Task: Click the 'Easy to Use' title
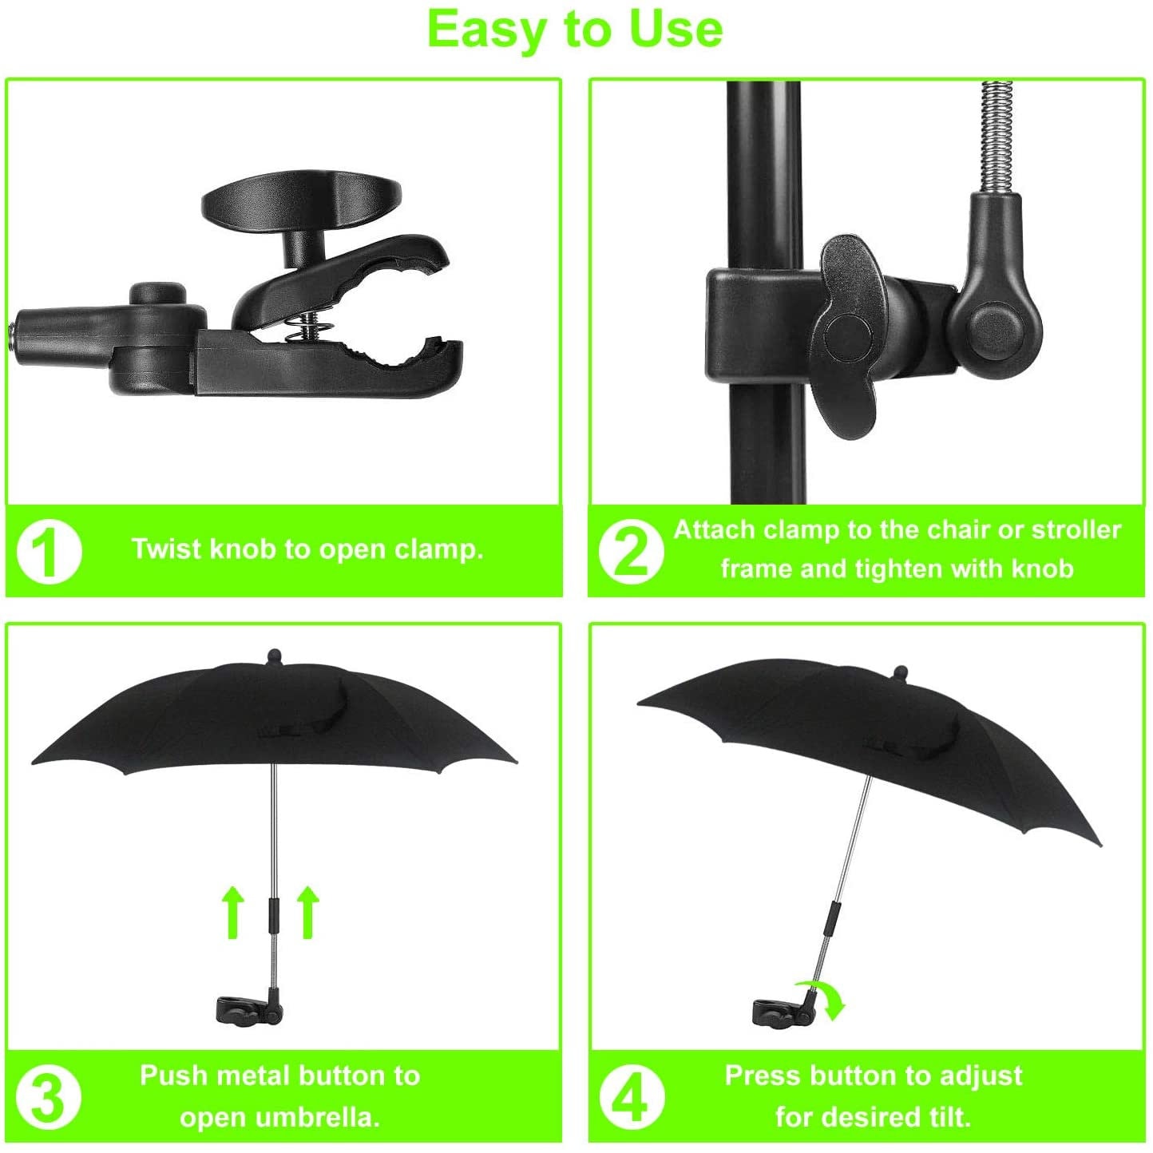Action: coord(575,30)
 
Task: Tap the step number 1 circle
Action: coord(49,551)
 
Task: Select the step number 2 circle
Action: coord(631,551)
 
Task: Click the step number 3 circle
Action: coord(49,1096)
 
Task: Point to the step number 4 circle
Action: coord(631,1096)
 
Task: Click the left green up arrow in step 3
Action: coord(232,913)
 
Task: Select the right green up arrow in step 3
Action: coord(308,913)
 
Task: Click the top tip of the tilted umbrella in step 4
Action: coord(901,670)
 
